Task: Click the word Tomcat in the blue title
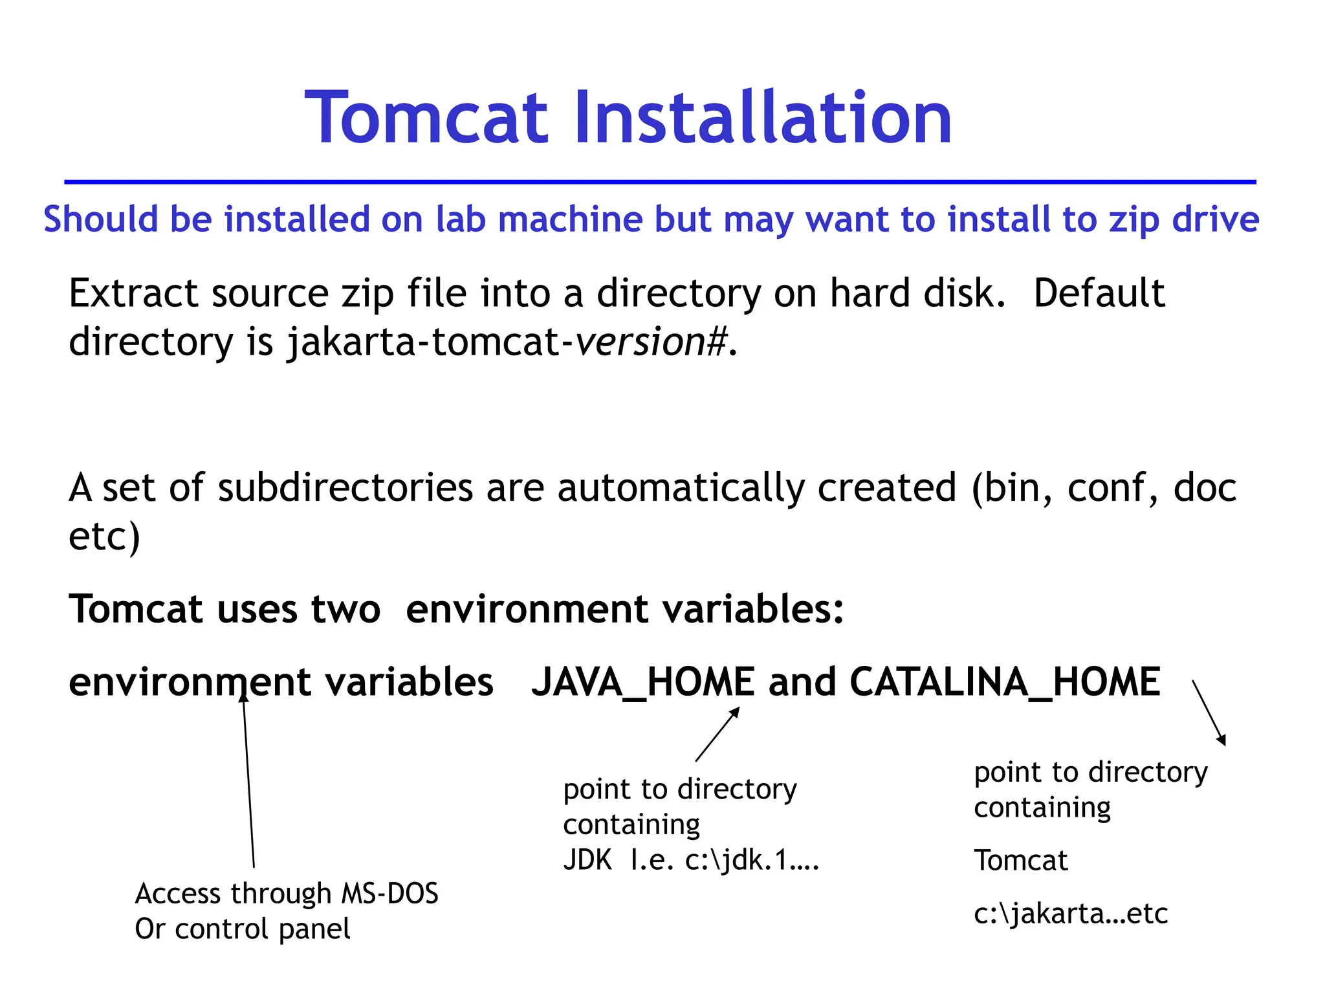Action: pos(427,118)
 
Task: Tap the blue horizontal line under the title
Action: pos(660,182)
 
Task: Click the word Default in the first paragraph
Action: pos(1099,293)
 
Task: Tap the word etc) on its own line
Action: pos(104,536)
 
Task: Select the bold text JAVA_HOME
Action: pos(642,682)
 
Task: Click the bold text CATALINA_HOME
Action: pos(1005,682)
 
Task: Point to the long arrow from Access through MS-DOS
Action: pos(249,783)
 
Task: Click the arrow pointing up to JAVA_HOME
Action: pos(717,734)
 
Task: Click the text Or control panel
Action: pos(243,929)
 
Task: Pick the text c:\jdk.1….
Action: pos(752,861)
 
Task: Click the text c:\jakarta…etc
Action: pos(1071,914)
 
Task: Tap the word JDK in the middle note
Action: pos(587,861)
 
